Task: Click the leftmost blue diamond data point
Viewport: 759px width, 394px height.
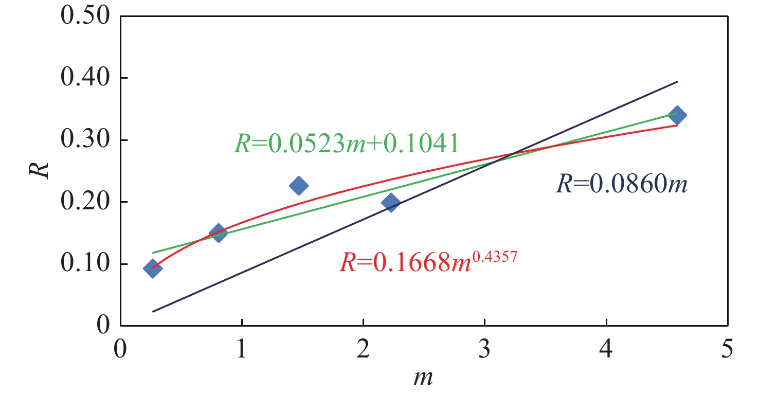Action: [x=152, y=268]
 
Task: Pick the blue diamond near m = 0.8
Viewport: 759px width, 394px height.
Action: [x=218, y=233]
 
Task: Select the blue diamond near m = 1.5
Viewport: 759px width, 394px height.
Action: [x=298, y=186]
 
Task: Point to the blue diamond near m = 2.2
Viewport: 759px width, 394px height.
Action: [x=391, y=203]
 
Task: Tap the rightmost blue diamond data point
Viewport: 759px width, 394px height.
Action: [x=677, y=115]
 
